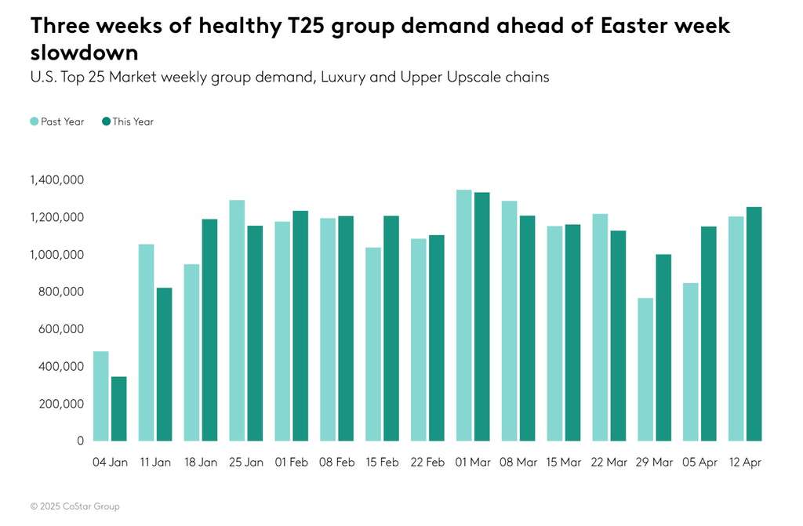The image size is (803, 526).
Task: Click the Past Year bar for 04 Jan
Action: click(x=101, y=396)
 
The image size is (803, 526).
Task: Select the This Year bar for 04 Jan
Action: click(x=119, y=408)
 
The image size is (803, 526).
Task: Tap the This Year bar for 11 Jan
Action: click(x=164, y=365)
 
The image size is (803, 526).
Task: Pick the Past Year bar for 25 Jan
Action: click(x=237, y=321)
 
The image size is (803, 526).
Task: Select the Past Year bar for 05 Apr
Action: click(x=691, y=361)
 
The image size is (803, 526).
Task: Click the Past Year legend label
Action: click(x=62, y=122)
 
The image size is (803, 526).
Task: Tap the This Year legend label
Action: click(x=133, y=122)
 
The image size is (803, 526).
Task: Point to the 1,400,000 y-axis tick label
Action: click(x=57, y=180)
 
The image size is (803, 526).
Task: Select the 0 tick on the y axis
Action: click(x=81, y=441)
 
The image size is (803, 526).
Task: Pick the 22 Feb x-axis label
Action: click(x=427, y=463)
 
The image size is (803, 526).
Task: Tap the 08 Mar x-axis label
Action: click(x=518, y=463)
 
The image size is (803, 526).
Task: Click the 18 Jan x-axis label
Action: click(x=201, y=463)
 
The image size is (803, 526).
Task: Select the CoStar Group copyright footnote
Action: click(x=75, y=506)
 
